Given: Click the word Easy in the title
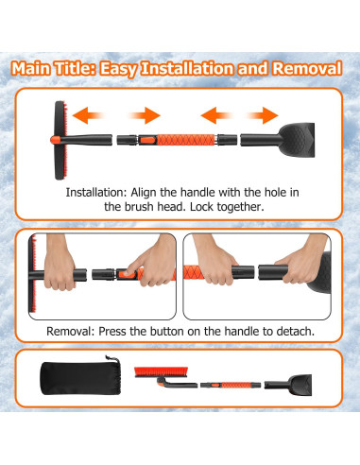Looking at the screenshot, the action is pyautogui.click(x=119, y=69).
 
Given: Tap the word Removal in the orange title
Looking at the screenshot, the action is pyautogui.click(x=307, y=68).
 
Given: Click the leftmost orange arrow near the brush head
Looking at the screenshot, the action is pyautogui.click(x=88, y=115).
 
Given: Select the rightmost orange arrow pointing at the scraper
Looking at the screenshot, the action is pyautogui.click(x=263, y=115).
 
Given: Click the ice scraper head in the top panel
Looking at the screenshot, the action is pyautogui.click(x=297, y=140).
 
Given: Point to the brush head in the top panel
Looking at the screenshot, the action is pyautogui.click(x=60, y=140).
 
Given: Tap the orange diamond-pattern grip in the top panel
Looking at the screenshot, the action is pyautogui.click(x=186, y=140).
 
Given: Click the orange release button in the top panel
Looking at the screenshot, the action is pyautogui.click(x=146, y=140).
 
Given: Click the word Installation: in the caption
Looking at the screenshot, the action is pyautogui.click(x=96, y=192).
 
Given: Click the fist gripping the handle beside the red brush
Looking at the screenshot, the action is pyautogui.click(x=60, y=271).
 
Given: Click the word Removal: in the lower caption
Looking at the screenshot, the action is pyautogui.click(x=71, y=332).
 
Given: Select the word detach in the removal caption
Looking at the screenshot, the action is pyautogui.click(x=295, y=332).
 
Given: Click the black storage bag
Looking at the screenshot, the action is pyautogui.click(x=80, y=377).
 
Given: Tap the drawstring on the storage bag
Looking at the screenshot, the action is pyautogui.click(x=112, y=359).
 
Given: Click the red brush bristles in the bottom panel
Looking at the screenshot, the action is pyautogui.click(x=161, y=370).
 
